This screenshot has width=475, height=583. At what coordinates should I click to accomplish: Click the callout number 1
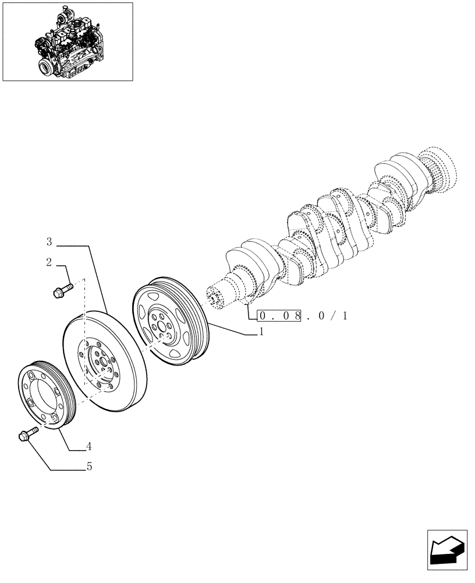click(262, 332)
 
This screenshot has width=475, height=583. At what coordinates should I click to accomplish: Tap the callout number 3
click(49, 241)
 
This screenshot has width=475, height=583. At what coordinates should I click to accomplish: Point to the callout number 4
click(89, 447)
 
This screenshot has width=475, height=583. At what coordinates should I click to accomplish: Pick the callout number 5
click(89, 466)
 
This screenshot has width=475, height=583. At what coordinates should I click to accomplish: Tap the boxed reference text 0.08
click(279, 316)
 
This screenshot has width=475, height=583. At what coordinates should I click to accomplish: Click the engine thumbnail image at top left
click(68, 41)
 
